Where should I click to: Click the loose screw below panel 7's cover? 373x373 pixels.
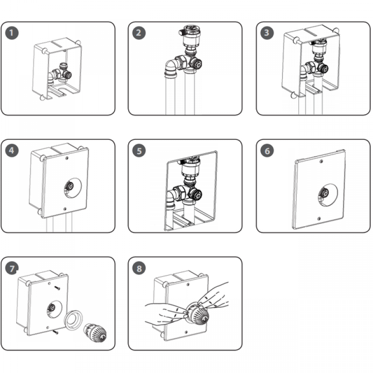[55, 332]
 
